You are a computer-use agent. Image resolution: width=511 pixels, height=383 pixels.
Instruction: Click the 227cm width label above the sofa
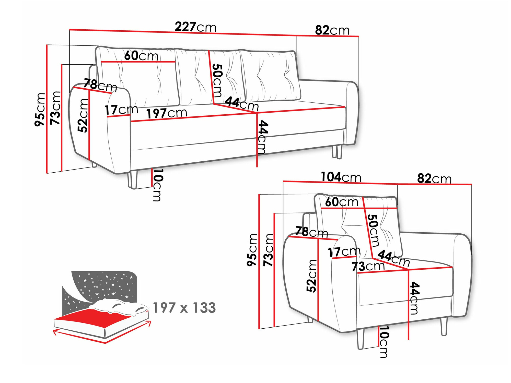pyautogui.click(x=195, y=27)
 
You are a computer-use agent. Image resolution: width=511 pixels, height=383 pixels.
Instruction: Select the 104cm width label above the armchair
pyautogui.click(x=341, y=177)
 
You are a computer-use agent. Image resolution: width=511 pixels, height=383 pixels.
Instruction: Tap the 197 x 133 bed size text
pyautogui.click(x=184, y=308)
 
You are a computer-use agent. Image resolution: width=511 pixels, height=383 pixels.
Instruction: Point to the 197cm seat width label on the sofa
pyautogui.click(x=167, y=113)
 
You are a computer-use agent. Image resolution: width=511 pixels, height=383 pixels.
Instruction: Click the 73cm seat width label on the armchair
pyautogui.click(x=368, y=266)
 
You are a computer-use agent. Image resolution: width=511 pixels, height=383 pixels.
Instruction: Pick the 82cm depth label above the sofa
pyautogui.click(x=332, y=30)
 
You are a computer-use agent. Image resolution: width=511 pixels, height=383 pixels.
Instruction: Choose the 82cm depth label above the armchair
pyautogui.click(x=434, y=178)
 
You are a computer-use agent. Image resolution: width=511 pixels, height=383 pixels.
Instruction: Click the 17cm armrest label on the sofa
pyautogui.click(x=121, y=110)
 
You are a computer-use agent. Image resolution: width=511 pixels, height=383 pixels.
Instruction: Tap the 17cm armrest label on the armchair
pyautogui.click(x=344, y=252)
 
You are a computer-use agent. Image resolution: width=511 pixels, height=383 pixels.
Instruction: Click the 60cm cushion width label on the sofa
pyautogui.click(x=141, y=56)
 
